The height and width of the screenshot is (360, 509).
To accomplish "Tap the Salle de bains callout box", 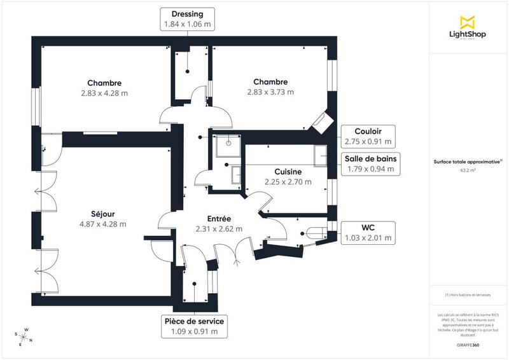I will tap(368, 164).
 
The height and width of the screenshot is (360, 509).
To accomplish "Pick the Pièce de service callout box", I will tap(194, 326).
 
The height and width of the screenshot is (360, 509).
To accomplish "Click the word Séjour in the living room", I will tap(102, 214).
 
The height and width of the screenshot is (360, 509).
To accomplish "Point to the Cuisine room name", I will tap(288, 172).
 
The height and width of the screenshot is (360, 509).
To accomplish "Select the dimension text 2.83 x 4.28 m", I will tap(104, 92).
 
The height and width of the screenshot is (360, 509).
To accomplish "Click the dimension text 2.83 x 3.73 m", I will tap(270, 92).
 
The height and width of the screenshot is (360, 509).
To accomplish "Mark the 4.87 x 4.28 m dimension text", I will tap(102, 224).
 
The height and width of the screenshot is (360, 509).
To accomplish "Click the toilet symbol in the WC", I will tap(314, 233).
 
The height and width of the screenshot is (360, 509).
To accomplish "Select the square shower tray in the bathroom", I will tap(225, 145).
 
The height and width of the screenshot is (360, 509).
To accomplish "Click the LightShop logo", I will tap(468, 29).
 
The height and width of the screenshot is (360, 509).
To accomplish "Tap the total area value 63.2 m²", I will tap(468, 170).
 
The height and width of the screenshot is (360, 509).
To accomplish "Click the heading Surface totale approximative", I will tap(468, 162).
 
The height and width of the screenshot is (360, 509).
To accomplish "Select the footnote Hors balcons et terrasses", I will tap(468, 295).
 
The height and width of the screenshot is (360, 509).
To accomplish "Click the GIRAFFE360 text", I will tap(468, 344).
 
